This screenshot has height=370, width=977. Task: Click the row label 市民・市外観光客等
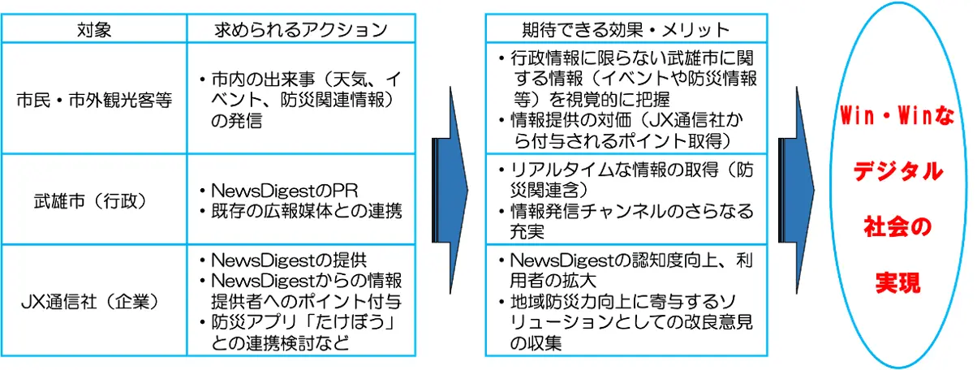point(96,103)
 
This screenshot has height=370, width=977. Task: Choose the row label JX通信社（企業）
point(96,303)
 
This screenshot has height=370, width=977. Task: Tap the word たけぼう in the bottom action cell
point(357,323)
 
